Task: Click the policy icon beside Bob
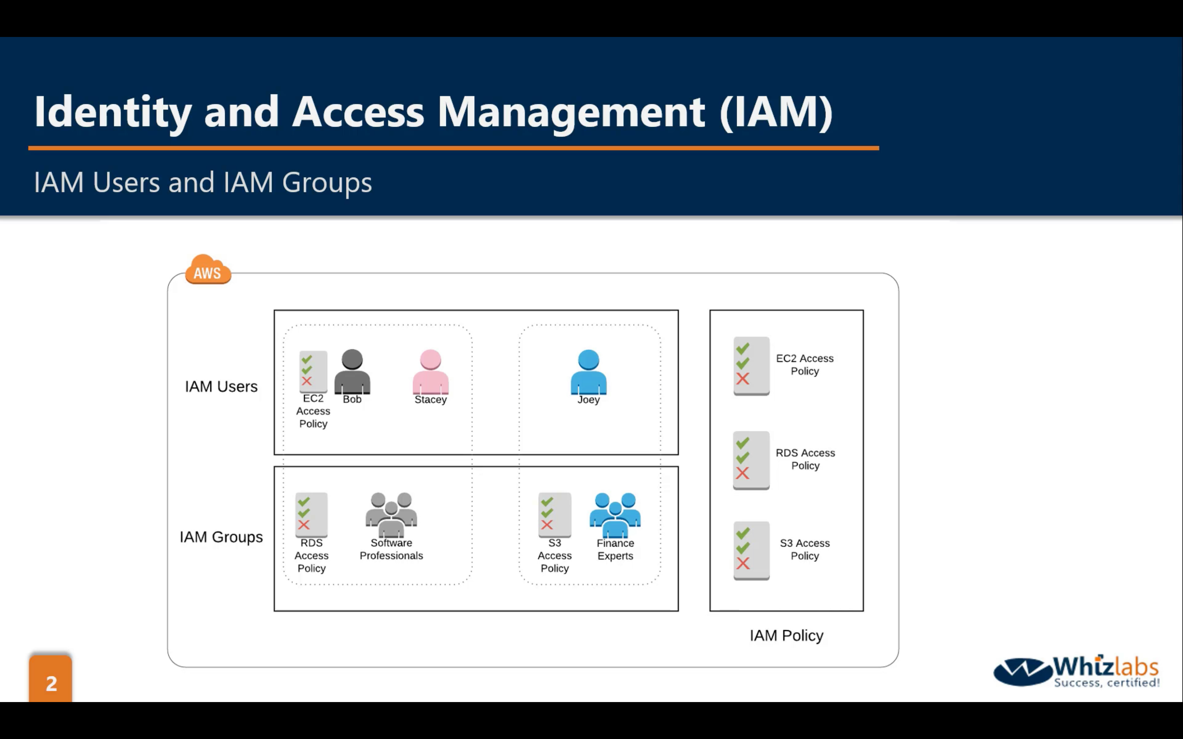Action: tap(313, 371)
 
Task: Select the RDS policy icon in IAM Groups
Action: tap(311, 514)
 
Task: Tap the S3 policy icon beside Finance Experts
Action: tap(554, 514)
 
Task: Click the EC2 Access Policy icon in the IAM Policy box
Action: tap(751, 366)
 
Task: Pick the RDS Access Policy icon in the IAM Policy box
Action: tap(751, 460)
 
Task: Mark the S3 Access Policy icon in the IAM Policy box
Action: tap(751, 550)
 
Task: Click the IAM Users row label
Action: tap(221, 387)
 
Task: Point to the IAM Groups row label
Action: tap(221, 537)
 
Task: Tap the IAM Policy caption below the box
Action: tap(786, 635)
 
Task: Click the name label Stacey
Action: tap(430, 400)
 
